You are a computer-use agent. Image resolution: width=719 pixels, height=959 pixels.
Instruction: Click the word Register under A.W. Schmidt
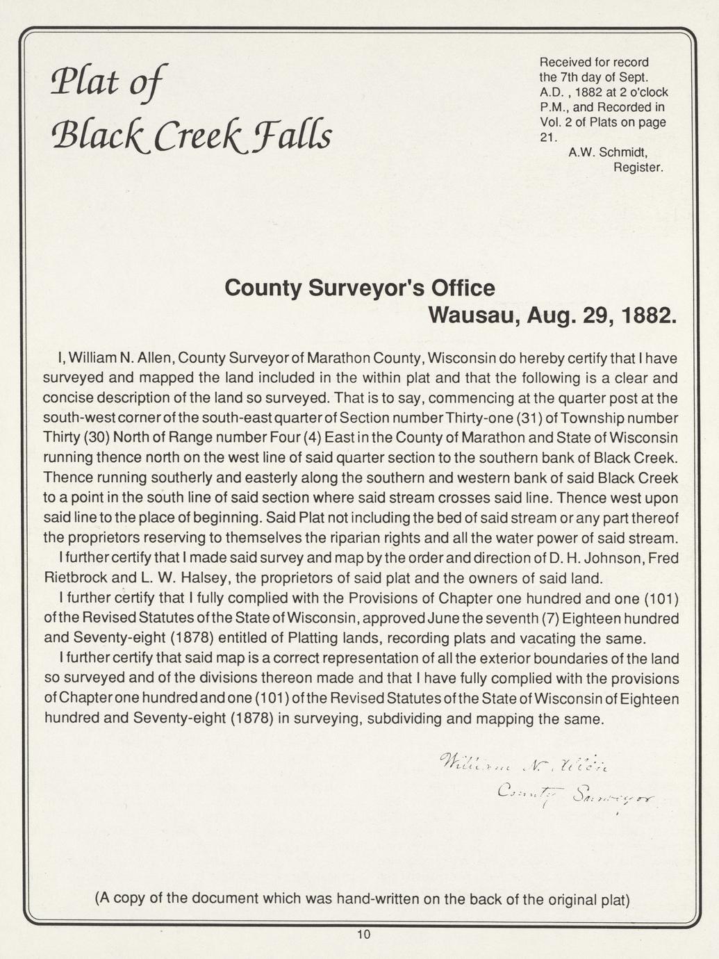(638, 167)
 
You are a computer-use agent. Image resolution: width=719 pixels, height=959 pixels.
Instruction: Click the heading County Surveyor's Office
(360, 288)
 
